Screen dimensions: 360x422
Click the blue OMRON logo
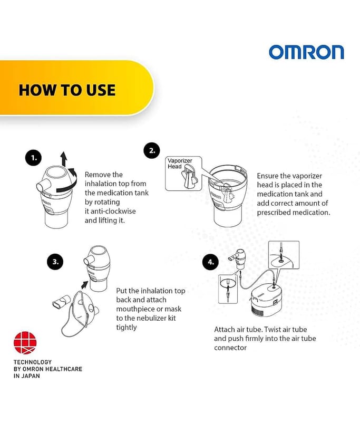[x=306, y=52]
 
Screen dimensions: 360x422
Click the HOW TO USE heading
[x=67, y=90]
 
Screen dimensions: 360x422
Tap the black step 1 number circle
[x=33, y=157]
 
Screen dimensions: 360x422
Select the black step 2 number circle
[x=152, y=150]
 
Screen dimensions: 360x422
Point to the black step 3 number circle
[x=55, y=262]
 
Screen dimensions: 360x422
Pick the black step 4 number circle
[x=210, y=262]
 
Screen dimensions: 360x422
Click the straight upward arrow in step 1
[x=64, y=159]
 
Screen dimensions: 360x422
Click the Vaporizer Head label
[x=180, y=164]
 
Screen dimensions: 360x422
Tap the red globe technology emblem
[x=25, y=342]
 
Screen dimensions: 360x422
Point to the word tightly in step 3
[x=127, y=328]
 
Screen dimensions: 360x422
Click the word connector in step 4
[x=230, y=348]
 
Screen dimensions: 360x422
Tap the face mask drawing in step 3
[x=80, y=313]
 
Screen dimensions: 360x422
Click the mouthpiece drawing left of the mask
[x=61, y=302]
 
